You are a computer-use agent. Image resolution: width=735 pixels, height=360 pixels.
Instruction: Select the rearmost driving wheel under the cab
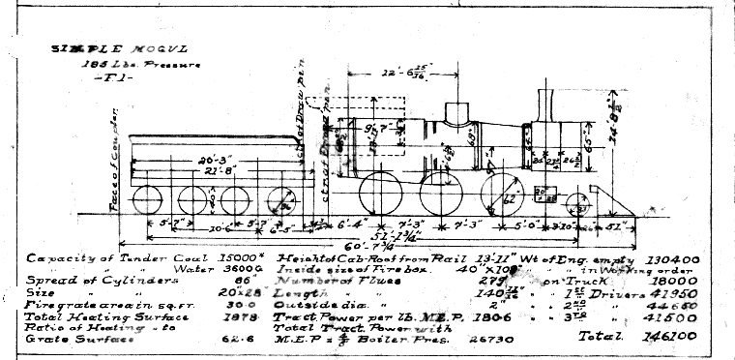point(376,195)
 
